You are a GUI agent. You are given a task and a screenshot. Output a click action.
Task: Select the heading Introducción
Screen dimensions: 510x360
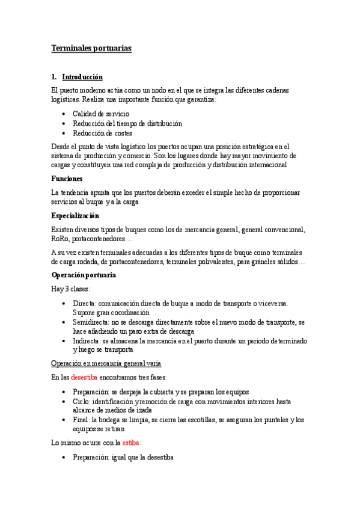click(82, 77)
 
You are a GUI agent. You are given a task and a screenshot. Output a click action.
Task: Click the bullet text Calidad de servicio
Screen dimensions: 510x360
click(100, 114)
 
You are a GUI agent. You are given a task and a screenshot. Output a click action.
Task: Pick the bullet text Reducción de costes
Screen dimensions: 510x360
click(102, 133)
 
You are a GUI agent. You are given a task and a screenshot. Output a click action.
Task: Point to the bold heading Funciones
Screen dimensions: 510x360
click(67, 179)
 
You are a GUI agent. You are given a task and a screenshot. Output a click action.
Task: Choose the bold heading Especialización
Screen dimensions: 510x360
click(75, 215)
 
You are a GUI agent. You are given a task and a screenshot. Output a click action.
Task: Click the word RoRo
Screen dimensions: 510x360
click(61, 239)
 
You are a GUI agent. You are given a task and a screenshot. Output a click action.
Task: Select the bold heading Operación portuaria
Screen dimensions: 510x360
click(84, 275)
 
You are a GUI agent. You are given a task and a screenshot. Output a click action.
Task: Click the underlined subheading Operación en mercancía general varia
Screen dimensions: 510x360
click(106, 364)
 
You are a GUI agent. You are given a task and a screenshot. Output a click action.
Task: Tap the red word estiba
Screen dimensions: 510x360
click(132, 443)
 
